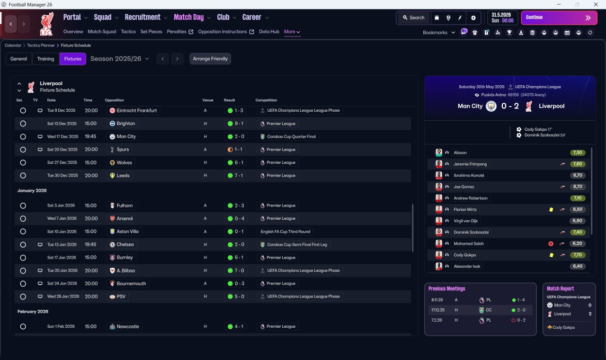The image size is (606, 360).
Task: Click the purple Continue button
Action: [x=559, y=18]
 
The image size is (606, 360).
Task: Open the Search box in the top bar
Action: [x=413, y=18]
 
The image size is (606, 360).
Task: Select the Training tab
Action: [x=45, y=59]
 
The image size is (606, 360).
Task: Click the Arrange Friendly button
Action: [x=210, y=59]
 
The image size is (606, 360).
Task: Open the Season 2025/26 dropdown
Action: [x=120, y=59]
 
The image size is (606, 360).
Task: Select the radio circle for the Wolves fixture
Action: [x=23, y=162]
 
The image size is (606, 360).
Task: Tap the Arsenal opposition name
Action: [x=125, y=218]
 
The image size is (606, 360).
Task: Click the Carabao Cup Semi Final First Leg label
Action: [x=297, y=244]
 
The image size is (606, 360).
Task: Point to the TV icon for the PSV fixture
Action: [x=40, y=297]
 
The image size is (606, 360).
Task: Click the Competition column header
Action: [x=266, y=100]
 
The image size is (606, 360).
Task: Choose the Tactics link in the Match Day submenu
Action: [x=128, y=32]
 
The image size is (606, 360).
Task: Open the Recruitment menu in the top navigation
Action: [x=143, y=18]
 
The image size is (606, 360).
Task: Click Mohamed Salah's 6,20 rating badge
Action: [x=578, y=243]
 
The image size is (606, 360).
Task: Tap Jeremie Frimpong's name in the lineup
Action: [x=470, y=164]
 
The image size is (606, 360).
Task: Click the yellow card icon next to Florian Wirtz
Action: [x=551, y=209]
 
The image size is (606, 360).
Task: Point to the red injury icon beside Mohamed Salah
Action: [x=551, y=243]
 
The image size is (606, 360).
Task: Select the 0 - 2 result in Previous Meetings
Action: [x=521, y=320]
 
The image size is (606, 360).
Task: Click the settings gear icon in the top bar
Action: [x=473, y=18]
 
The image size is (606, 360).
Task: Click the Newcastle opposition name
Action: [x=128, y=326]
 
